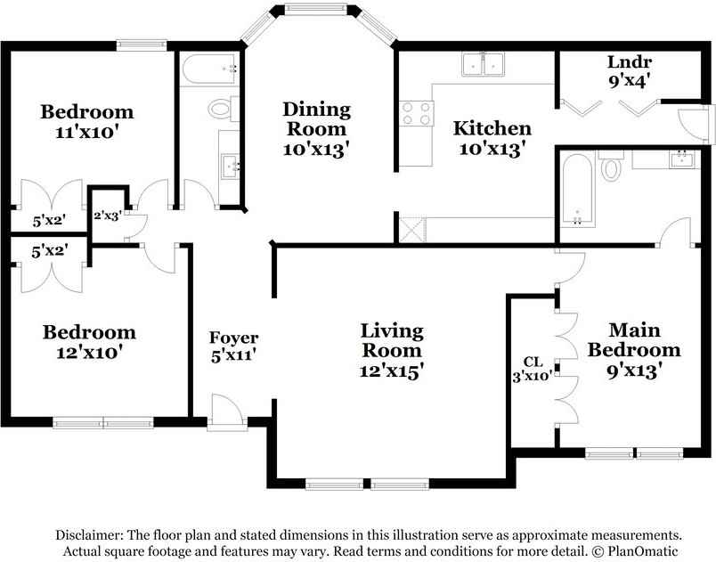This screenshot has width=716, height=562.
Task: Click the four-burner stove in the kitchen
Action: click(x=415, y=113)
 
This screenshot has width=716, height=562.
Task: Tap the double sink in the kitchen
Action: click(x=484, y=64)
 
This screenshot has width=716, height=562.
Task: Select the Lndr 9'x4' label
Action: click(x=630, y=70)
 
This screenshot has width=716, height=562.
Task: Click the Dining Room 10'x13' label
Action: click(x=316, y=129)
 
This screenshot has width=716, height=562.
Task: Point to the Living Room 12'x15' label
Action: click(x=392, y=351)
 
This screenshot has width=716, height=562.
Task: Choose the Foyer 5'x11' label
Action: click(x=233, y=346)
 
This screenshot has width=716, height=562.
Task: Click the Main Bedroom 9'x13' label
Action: click(x=633, y=350)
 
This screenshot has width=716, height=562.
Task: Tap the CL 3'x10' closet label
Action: click(x=533, y=369)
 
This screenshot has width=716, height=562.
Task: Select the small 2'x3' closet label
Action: click(x=109, y=215)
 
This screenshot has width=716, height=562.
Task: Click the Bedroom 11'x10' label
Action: click(x=87, y=121)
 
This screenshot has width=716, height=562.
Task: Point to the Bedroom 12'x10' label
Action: click(x=90, y=341)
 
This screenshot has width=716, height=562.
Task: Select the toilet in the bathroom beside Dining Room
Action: click(x=220, y=109)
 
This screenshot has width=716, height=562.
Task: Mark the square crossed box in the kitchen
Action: click(x=411, y=228)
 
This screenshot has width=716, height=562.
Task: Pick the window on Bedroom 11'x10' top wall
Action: click(x=142, y=44)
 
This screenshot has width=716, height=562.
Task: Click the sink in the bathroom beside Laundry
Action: click(x=681, y=159)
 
